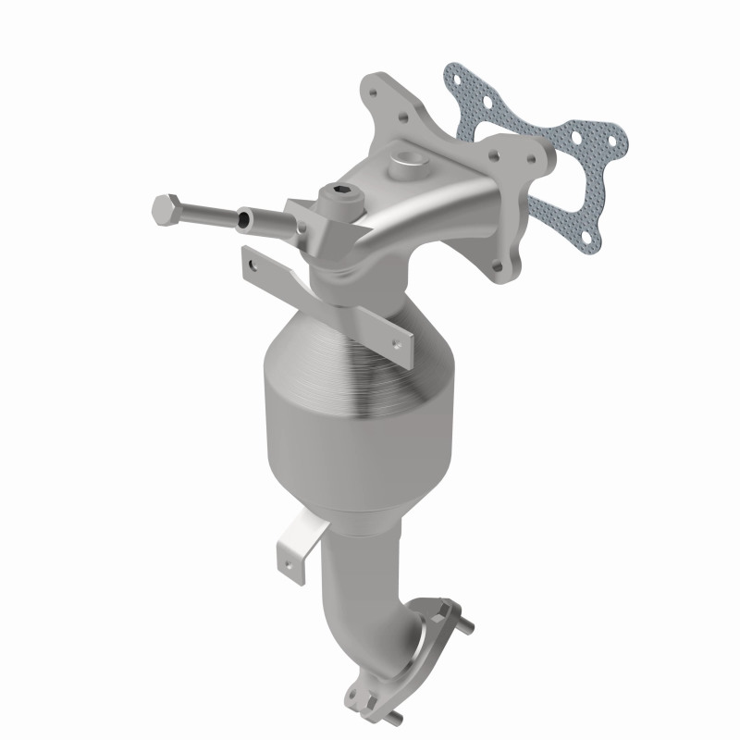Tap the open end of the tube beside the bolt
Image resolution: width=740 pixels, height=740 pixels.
(x=244, y=219)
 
